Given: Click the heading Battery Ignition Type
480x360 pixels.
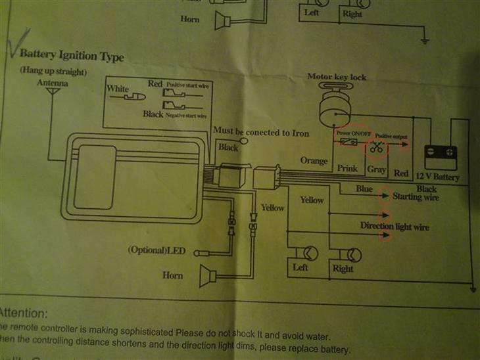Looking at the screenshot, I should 72,56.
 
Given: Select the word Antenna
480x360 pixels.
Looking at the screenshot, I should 52,83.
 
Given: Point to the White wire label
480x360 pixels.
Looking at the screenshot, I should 118,89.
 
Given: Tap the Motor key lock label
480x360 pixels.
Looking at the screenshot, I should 337,77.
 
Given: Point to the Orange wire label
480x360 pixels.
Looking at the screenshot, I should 314,161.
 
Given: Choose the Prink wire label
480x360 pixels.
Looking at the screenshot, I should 347,169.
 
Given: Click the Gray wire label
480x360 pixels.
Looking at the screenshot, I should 376,169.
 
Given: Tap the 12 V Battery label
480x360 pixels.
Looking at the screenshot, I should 439,177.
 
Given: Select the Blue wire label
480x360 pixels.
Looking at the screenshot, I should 364,189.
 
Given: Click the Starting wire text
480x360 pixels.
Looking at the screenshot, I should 415,196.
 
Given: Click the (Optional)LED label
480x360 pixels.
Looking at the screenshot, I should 158,251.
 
